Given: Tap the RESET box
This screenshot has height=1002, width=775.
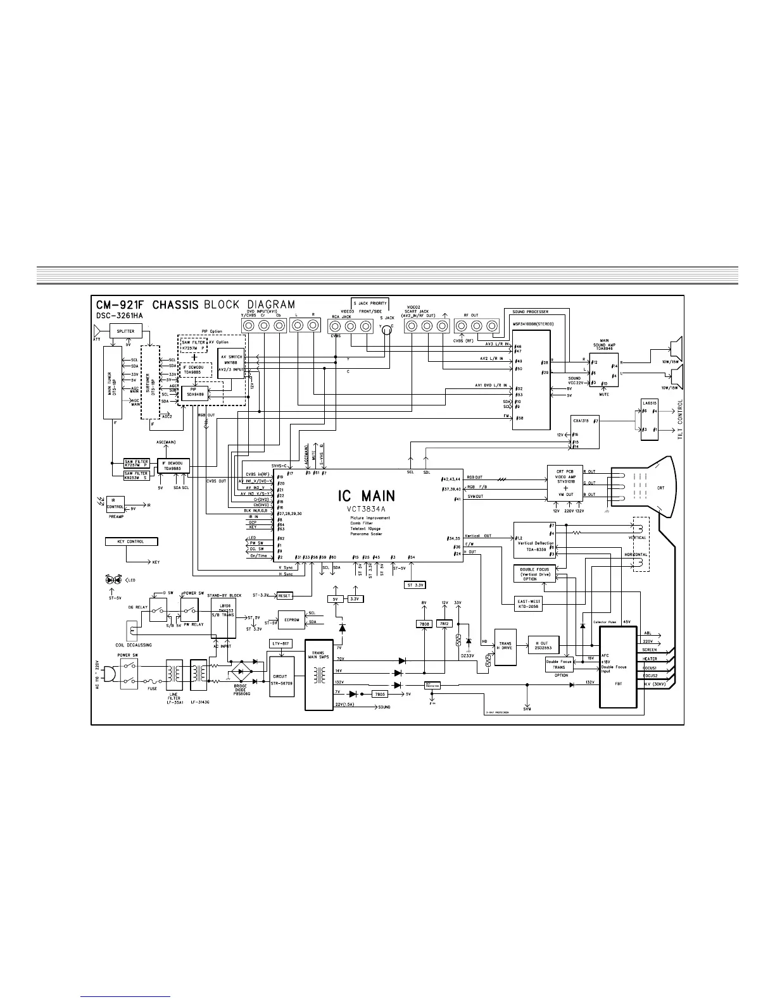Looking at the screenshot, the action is [284, 595].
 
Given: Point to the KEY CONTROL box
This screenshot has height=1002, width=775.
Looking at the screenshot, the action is [131, 541].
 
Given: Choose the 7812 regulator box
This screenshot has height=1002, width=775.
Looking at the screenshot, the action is [445, 624].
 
